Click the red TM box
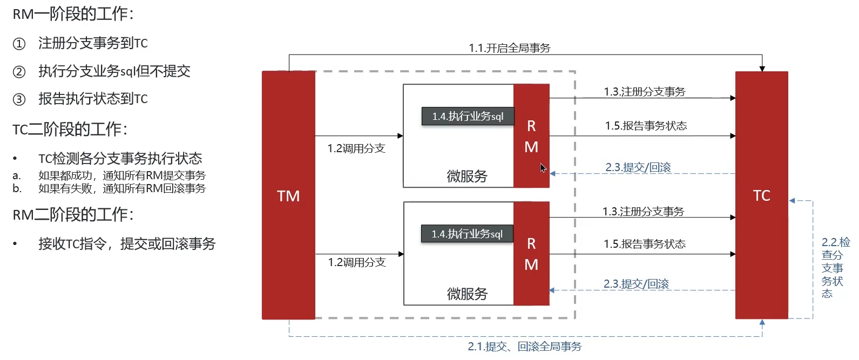[x=288, y=195]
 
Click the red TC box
[x=761, y=195]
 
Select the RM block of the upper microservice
[x=531, y=136]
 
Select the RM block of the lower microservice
[x=531, y=254]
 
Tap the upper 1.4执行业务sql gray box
[x=468, y=117]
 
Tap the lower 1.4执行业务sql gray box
[x=467, y=234]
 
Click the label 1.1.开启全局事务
[x=509, y=48]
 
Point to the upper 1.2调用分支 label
[x=356, y=148]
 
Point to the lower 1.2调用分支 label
[x=357, y=262]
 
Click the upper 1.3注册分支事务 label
[x=644, y=92]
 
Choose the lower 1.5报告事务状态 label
[x=644, y=244]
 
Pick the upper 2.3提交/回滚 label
[x=638, y=167]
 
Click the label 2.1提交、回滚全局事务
[x=524, y=347]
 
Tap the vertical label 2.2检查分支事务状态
[x=834, y=268]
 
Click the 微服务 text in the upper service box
[x=467, y=176]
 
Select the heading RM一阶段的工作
[x=73, y=14]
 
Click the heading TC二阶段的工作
[x=70, y=130]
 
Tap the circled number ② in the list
[x=19, y=72]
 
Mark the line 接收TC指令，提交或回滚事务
[x=127, y=244]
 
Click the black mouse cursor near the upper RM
[x=543, y=167]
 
